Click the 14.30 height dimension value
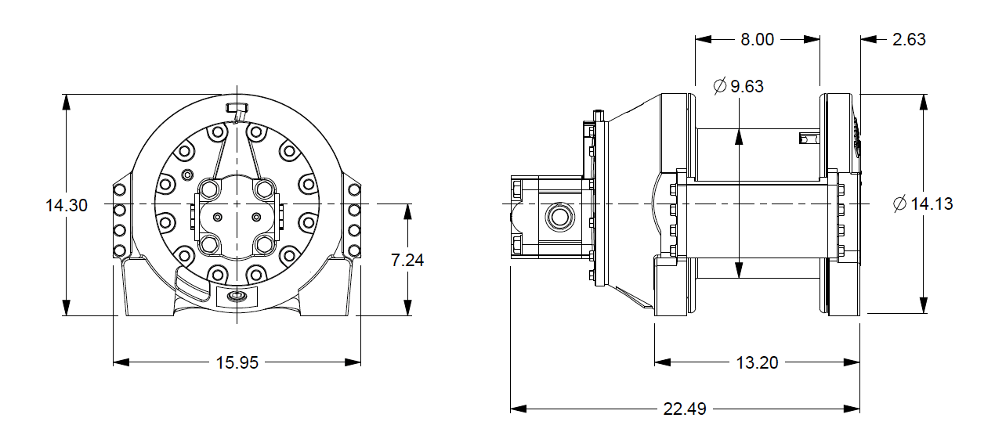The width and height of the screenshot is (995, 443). click(x=67, y=205)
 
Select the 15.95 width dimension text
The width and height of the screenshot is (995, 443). click(x=237, y=362)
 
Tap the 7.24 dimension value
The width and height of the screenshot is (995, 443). click(x=407, y=260)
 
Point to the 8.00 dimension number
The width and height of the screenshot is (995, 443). click(x=758, y=39)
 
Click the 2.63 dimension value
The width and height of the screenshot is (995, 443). click(x=909, y=39)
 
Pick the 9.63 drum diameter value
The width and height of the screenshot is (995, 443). click(x=747, y=86)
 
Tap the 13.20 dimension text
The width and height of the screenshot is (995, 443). click(x=757, y=362)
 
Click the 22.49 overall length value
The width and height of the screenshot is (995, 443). click(x=685, y=409)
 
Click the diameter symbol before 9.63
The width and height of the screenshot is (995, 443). click(x=720, y=86)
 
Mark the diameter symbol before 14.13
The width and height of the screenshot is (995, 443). click(x=899, y=204)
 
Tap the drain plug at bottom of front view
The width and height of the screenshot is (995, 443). click(x=236, y=297)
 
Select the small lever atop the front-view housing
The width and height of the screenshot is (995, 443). click(x=236, y=107)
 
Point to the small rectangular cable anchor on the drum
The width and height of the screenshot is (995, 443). click(x=808, y=139)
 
